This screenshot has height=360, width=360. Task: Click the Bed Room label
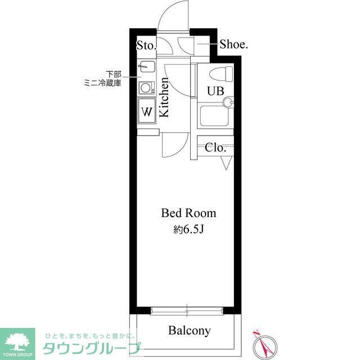[188, 214]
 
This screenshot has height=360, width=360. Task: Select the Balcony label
[190, 331]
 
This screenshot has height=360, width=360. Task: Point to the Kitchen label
[164, 97]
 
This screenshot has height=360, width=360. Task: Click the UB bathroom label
[214, 91]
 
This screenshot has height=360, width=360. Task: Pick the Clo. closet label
[215, 148]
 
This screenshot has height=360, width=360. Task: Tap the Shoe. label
[233, 44]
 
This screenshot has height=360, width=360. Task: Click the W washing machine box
[147, 110]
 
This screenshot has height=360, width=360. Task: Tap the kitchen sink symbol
[146, 67]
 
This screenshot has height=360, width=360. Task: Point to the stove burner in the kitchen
[146, 88]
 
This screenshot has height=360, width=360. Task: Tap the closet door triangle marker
[227, 164]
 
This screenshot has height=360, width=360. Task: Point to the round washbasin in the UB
[228, 102]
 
